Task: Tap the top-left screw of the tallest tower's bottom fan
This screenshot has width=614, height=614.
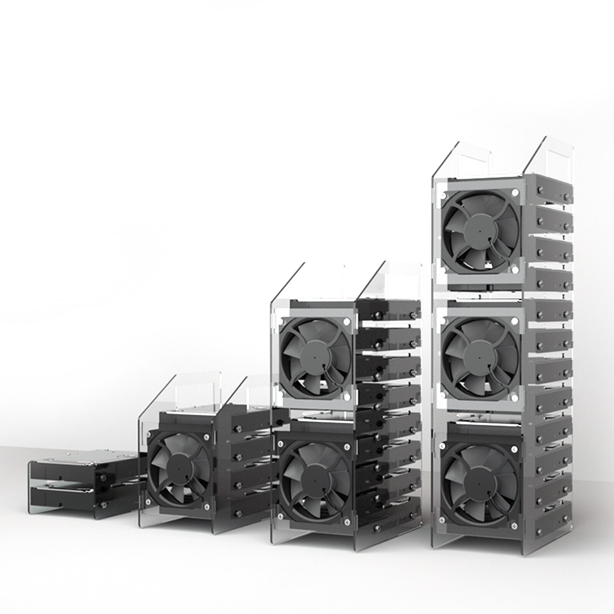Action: tap(442, 446)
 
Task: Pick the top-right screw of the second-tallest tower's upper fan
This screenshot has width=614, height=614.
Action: tap(347, 323)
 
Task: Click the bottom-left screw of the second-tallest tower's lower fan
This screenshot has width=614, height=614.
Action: tap(281, 516)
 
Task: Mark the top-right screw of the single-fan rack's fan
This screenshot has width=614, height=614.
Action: tap(208, 436)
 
